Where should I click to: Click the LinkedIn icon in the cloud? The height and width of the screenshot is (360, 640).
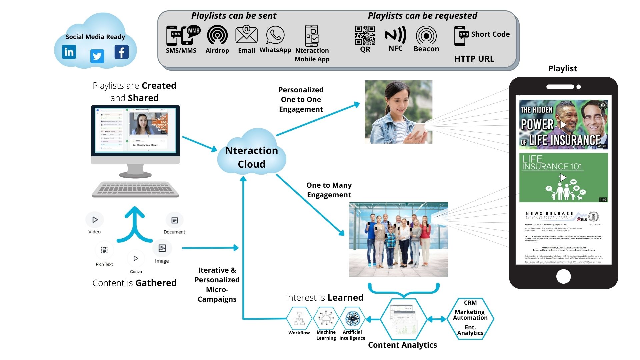point(69,52)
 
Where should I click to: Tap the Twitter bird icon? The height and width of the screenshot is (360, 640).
point(97,56)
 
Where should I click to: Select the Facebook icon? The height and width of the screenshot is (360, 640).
point(121,52)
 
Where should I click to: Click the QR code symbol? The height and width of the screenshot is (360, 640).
point(365,35)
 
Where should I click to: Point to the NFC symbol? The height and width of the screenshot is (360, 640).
point(395,35)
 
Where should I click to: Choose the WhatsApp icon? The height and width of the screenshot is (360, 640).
point(275,35)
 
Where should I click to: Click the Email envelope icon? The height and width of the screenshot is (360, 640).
point(246,35)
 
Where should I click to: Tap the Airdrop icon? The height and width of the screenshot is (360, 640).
point(217,35)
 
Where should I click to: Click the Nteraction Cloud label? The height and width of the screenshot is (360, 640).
point(252,157)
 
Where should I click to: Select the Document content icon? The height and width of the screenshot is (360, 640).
point(175,220)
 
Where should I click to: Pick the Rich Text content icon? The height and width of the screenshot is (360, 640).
point(104,250)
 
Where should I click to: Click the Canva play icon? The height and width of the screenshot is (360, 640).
point(136,258)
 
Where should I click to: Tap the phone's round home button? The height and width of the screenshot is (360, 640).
point(563,276)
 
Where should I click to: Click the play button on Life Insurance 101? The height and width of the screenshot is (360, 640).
point(563,177)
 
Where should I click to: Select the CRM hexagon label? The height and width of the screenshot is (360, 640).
point(470,303)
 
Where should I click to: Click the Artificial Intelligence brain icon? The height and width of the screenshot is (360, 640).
point(352,318)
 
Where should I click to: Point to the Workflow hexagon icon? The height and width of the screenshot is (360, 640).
point(299,318)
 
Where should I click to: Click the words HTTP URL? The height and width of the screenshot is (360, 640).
point(474,59)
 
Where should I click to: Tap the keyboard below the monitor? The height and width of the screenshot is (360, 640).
point(135,189)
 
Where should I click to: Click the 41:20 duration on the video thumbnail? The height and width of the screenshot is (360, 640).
point(602,146)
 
